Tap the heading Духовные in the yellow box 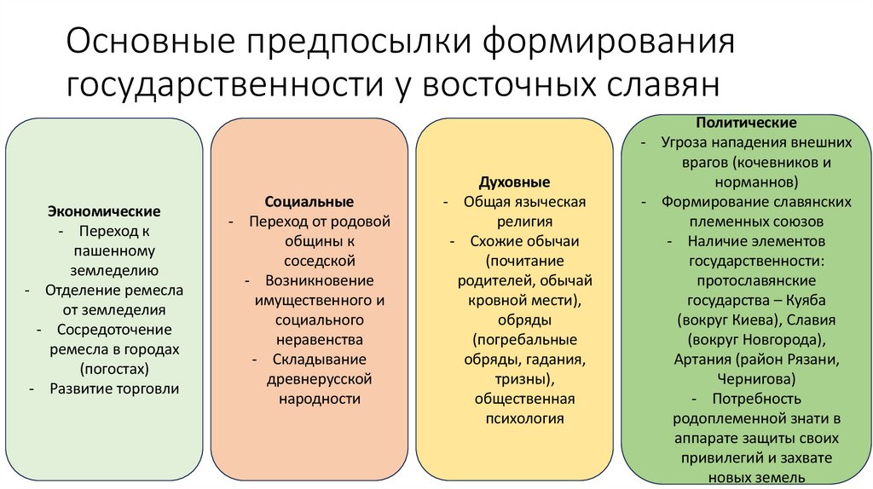point(514,183)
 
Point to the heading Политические point(746,124)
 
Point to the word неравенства point(309,339)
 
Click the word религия point(514,221)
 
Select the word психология point(514,418)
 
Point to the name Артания point(703,359)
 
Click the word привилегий point(703,457)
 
